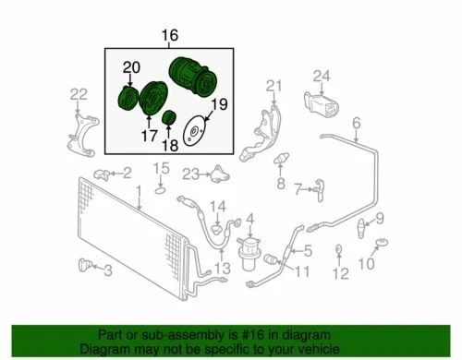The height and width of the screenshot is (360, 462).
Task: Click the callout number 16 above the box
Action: click(x=169, y=36)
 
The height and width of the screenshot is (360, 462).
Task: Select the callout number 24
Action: click(x=321, y=76)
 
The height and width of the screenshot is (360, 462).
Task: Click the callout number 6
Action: click(x=356, y=122)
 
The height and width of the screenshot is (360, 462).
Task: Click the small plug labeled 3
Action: click(x=88, y=267)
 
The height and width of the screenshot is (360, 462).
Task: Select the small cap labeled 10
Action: click(x=380, y=245)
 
